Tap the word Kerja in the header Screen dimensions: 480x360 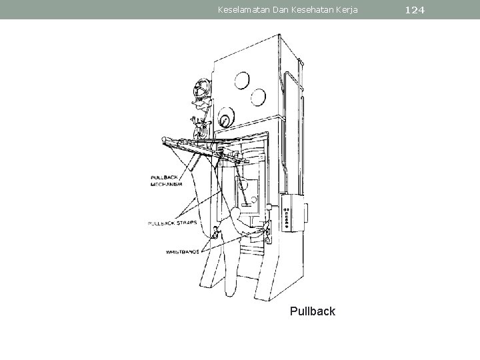point(346,9)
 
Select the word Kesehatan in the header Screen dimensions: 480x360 point(303,9)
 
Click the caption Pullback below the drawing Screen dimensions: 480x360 point(313,311)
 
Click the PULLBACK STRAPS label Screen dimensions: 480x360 point(173,223)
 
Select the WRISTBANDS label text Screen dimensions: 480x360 point(183,252)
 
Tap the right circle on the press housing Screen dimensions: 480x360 point(257,99)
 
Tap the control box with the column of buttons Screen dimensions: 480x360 point(291,213)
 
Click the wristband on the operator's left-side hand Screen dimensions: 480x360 point(215,233)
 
